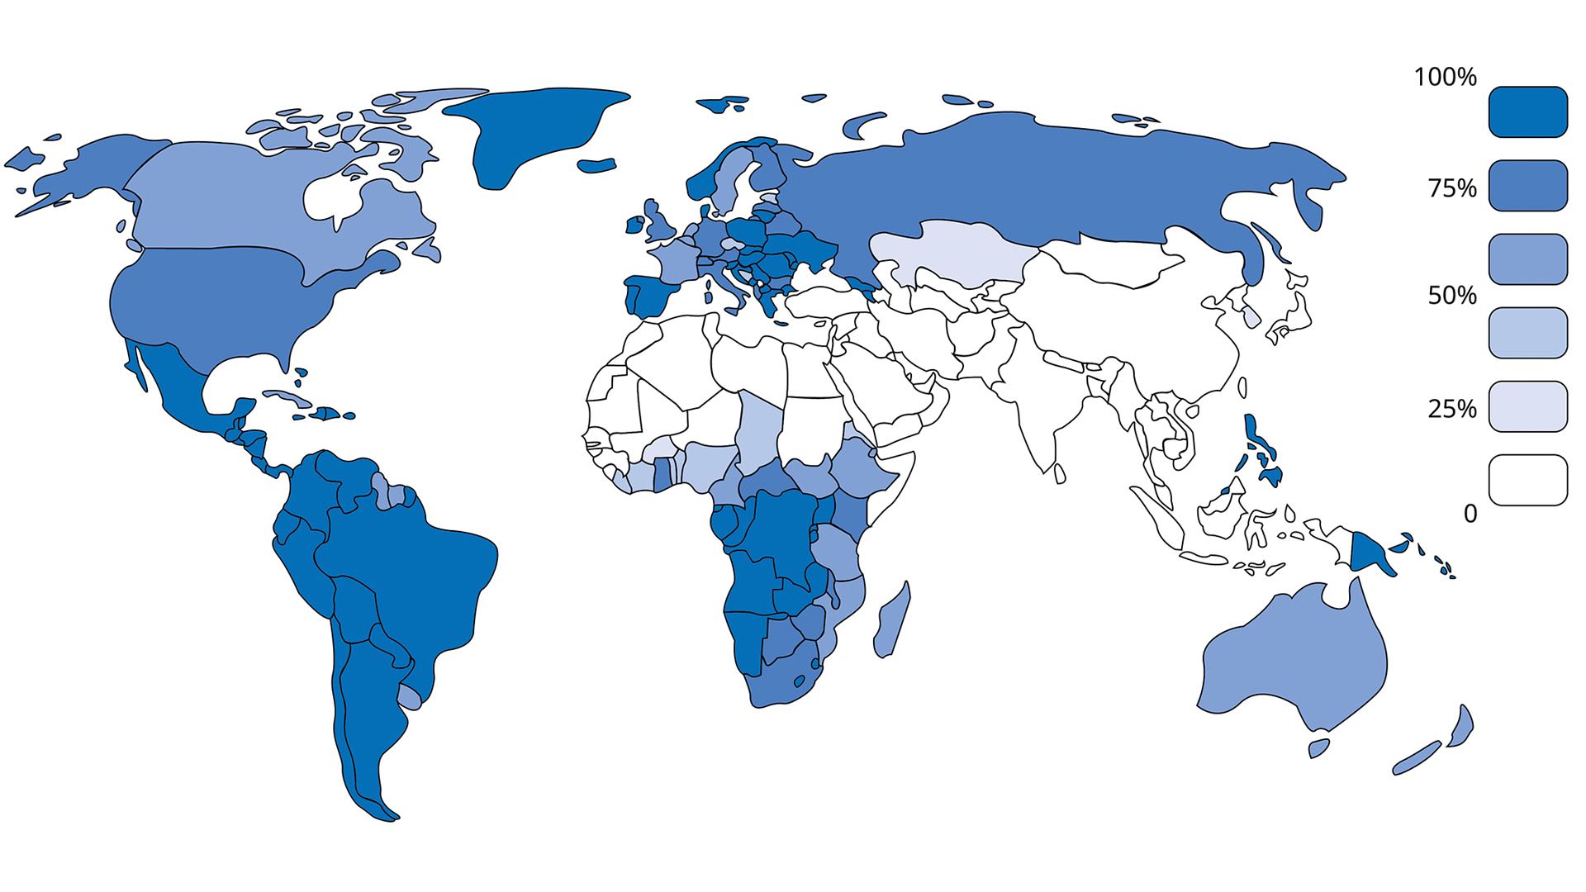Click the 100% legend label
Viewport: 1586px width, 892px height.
tap(1445, 77)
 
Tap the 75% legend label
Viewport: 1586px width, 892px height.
tap(1452, 188)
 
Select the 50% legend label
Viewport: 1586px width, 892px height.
tap(1452, 296)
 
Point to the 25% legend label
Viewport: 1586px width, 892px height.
tap(1452, 408)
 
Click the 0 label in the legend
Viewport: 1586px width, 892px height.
tap(1470, 514)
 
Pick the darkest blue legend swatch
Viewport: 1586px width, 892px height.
tap(1527, 111)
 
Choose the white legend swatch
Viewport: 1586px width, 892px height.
tap(1527, 480)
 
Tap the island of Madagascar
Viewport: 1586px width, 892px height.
tap(892, 619)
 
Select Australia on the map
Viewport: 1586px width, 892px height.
tap(1289, 661)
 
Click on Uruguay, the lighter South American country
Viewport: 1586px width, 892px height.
tap(409, 696)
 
